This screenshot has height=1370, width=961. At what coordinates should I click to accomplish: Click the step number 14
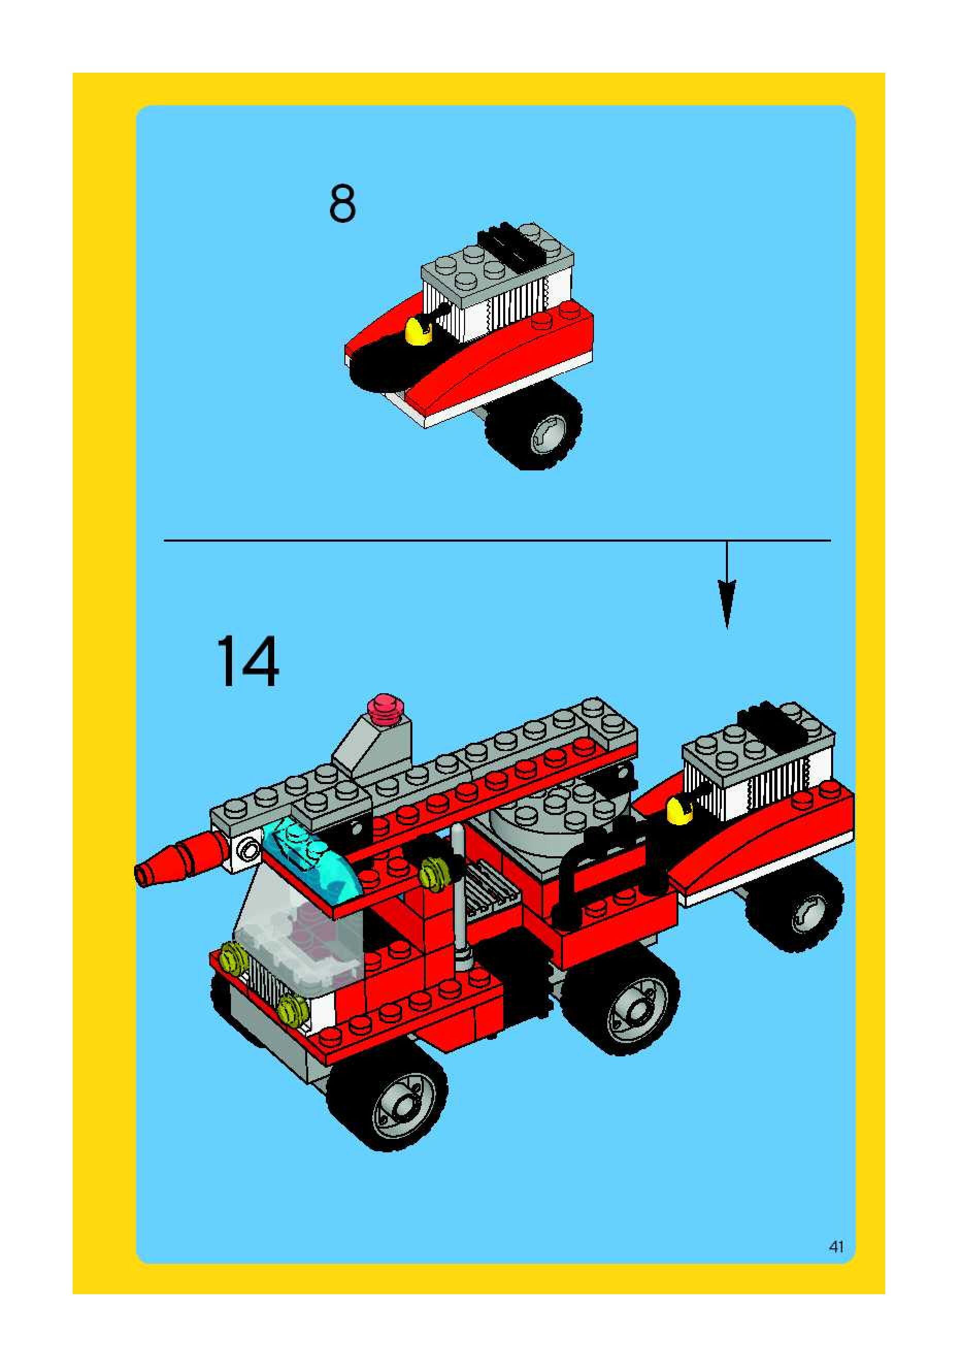coord(247,661)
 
